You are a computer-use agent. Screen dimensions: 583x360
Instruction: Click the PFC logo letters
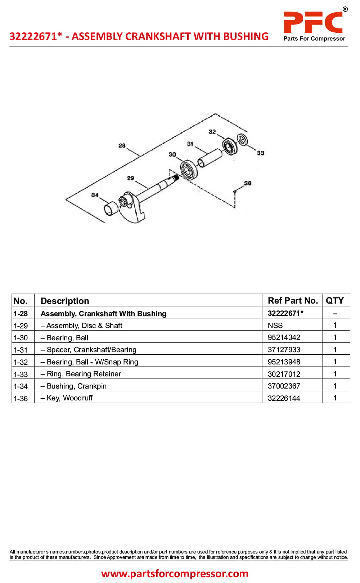click(x=313, y=22)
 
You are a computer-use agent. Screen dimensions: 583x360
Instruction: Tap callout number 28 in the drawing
click(x=122, y=145)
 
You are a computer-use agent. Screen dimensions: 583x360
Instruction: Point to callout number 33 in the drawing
click(x=261, y=153)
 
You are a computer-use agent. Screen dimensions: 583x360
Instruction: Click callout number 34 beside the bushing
click(x=95, y=195)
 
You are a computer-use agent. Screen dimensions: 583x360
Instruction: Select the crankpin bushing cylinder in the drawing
click(x=111, y=208)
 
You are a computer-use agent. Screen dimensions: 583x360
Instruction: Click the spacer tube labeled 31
click(x=210, y=158)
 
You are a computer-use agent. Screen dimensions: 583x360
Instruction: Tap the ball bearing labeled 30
click(x=188, y=170)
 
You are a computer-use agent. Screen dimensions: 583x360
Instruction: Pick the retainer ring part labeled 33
click(x=242, y=139)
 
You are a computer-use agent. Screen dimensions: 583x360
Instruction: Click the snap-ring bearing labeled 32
click(x=229, y=147)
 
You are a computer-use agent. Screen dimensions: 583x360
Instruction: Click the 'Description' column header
click(x=65, y=301)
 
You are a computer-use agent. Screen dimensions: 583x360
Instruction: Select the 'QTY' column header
click(x=334, y=301)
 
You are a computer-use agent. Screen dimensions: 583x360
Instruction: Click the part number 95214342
click(x=284, y=337)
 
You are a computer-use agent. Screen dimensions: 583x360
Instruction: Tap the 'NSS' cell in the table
click(x=275, y=326)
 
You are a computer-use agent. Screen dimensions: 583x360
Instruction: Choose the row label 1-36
click(x=21, y=398)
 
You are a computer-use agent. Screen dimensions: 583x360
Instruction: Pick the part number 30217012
click(x=284, y=374)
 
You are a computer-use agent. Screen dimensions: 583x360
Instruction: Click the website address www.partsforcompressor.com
click(x=175, y=573)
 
